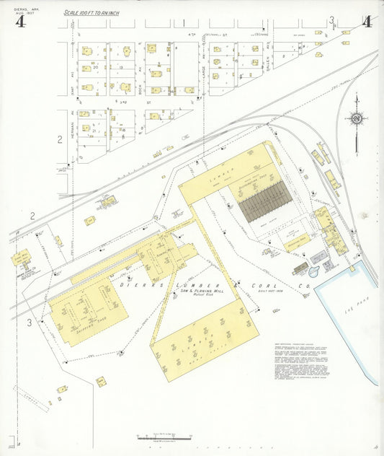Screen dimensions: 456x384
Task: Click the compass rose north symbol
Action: (356, 118)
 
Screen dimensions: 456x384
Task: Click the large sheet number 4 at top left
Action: (20, 21)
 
